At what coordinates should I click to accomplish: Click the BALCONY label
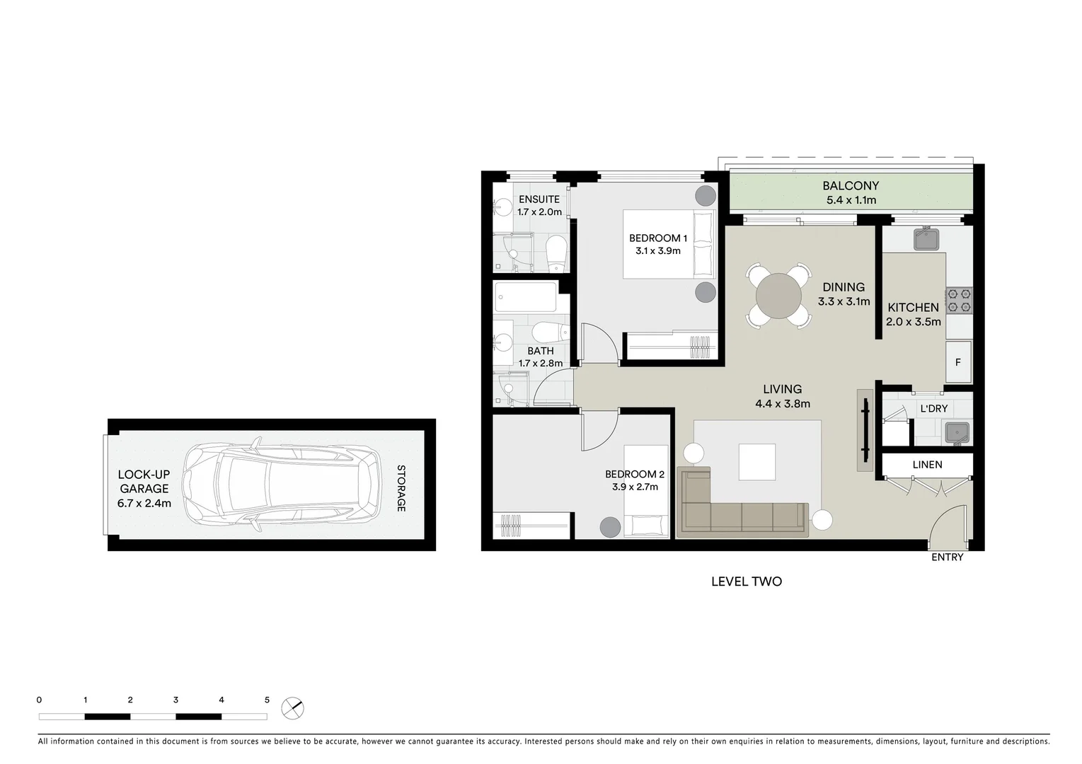pyautogui.click(x=851, y=186)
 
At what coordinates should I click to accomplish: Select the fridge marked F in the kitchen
pyautogui.click(x=958, y=362)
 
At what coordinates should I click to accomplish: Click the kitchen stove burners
pyautogui.click(x=959, y=300)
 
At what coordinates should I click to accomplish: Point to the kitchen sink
pyautogui.click(x=926, y=239)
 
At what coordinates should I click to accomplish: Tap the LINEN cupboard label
pyautogui.click(x=927, y=465)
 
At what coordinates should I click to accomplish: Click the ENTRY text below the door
pyautogui.click(x=947, y=557)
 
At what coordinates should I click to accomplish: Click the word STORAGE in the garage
pyautogui.click(x=401, y=488)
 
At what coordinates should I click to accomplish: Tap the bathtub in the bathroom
pyautogui.click(x=526, y=297)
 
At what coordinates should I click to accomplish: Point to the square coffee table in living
pyautogui.click(x=756, y=461)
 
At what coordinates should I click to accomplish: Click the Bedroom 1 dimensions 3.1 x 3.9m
pyautogui.click(x=657, y=251)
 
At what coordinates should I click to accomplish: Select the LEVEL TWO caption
pyautogui.click(x=746, y=581)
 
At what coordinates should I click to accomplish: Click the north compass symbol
pyautogui.click(x=292, y=707)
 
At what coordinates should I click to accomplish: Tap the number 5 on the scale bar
pyautogui.click(x=267, y=700)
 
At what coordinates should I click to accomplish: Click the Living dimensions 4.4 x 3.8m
pyautogui.click(x=782, y=404)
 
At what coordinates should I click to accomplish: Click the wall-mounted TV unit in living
pyautogui.click(x=865, y=429)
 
